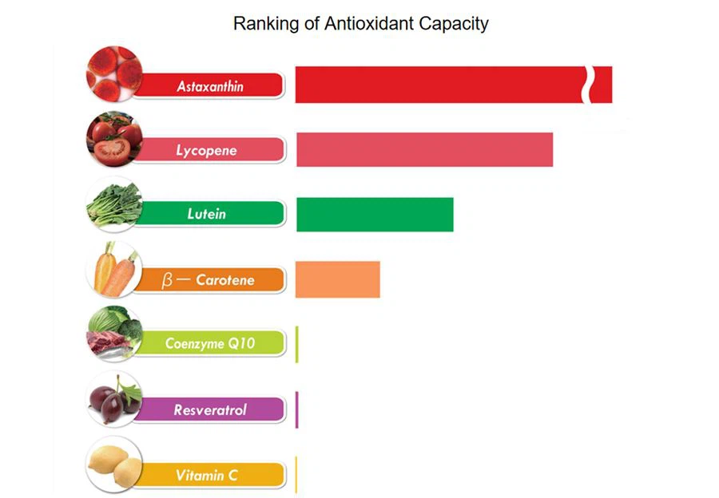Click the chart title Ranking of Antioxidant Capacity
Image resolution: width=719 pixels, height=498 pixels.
pos(360,23)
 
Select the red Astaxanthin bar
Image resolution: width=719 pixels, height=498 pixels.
pos(439,85)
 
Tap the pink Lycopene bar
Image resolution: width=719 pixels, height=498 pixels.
pos(424,149)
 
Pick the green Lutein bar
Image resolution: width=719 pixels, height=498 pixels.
pos(375,214)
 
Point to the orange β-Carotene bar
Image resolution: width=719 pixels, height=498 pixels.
pos(337,279)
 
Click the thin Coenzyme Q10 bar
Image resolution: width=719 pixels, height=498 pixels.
pos(296,344)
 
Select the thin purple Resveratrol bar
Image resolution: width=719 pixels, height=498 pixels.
pos(296,409)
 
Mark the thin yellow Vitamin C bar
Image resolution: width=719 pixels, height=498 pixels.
pos(296,475)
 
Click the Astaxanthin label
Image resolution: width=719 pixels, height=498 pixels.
pos(210,85)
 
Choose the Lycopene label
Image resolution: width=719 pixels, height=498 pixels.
pos(207,150)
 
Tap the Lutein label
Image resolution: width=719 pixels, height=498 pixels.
pos(207,214)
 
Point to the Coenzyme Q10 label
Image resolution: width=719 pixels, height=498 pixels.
pos(209,344)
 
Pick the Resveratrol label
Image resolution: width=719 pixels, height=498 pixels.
pos(210,410)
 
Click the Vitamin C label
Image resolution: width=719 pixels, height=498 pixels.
pos(207,476)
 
